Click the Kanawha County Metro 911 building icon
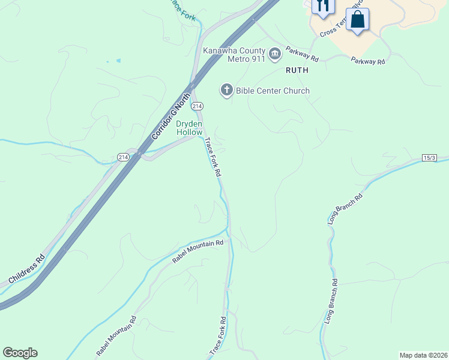(x=275, y=55)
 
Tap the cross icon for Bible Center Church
(x=226, y=91)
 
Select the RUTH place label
(x=297, y=70)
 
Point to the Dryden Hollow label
(x=189, y=127)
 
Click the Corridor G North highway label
(x=170, y=115)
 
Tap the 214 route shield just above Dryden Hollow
(x=196, y=106)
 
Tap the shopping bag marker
(x=357, y=20)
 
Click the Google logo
(x=20, y=353)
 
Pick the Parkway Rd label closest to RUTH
(x=302, y=55)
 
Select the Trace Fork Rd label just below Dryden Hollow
(x=213, y=157)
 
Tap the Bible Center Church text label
(x=273, y=91)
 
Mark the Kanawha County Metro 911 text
(x=234, y=54)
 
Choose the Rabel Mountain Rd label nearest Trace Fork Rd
(x=197, y=251)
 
